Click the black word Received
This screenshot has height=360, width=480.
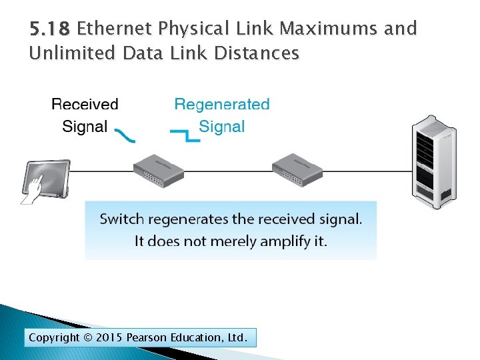tap(85, 105)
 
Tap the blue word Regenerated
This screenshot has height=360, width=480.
tap(222, 105)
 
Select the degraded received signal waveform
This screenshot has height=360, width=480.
tap(124, 135)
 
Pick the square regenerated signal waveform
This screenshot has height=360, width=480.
tap(185, 135)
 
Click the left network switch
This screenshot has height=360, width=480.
tap(158, 170)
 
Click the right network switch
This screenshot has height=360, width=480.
tap(297, 170)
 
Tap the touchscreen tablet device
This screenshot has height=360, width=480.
tap(48, 177)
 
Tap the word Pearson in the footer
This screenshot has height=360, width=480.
tap(149, 338)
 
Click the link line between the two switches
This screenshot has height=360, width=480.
tap(228, 171)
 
